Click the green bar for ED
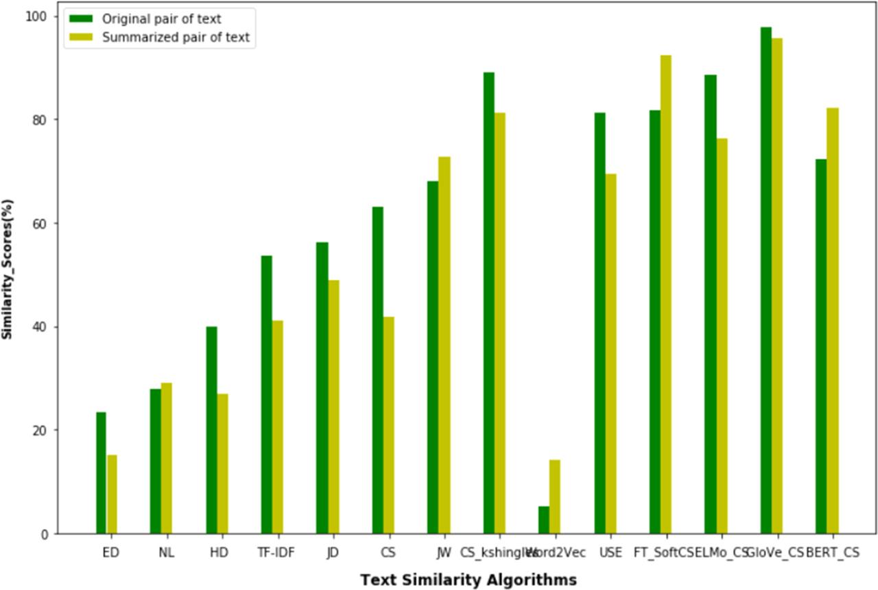pos(101,473)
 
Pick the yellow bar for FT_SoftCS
pos(665,294)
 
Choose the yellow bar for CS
pos(388,425)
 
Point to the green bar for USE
pos(600,323)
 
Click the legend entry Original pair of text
pos(161,19)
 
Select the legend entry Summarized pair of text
pos(176,38)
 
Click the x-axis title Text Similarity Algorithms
pos(468,580)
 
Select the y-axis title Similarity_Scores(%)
pos(8,268)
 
